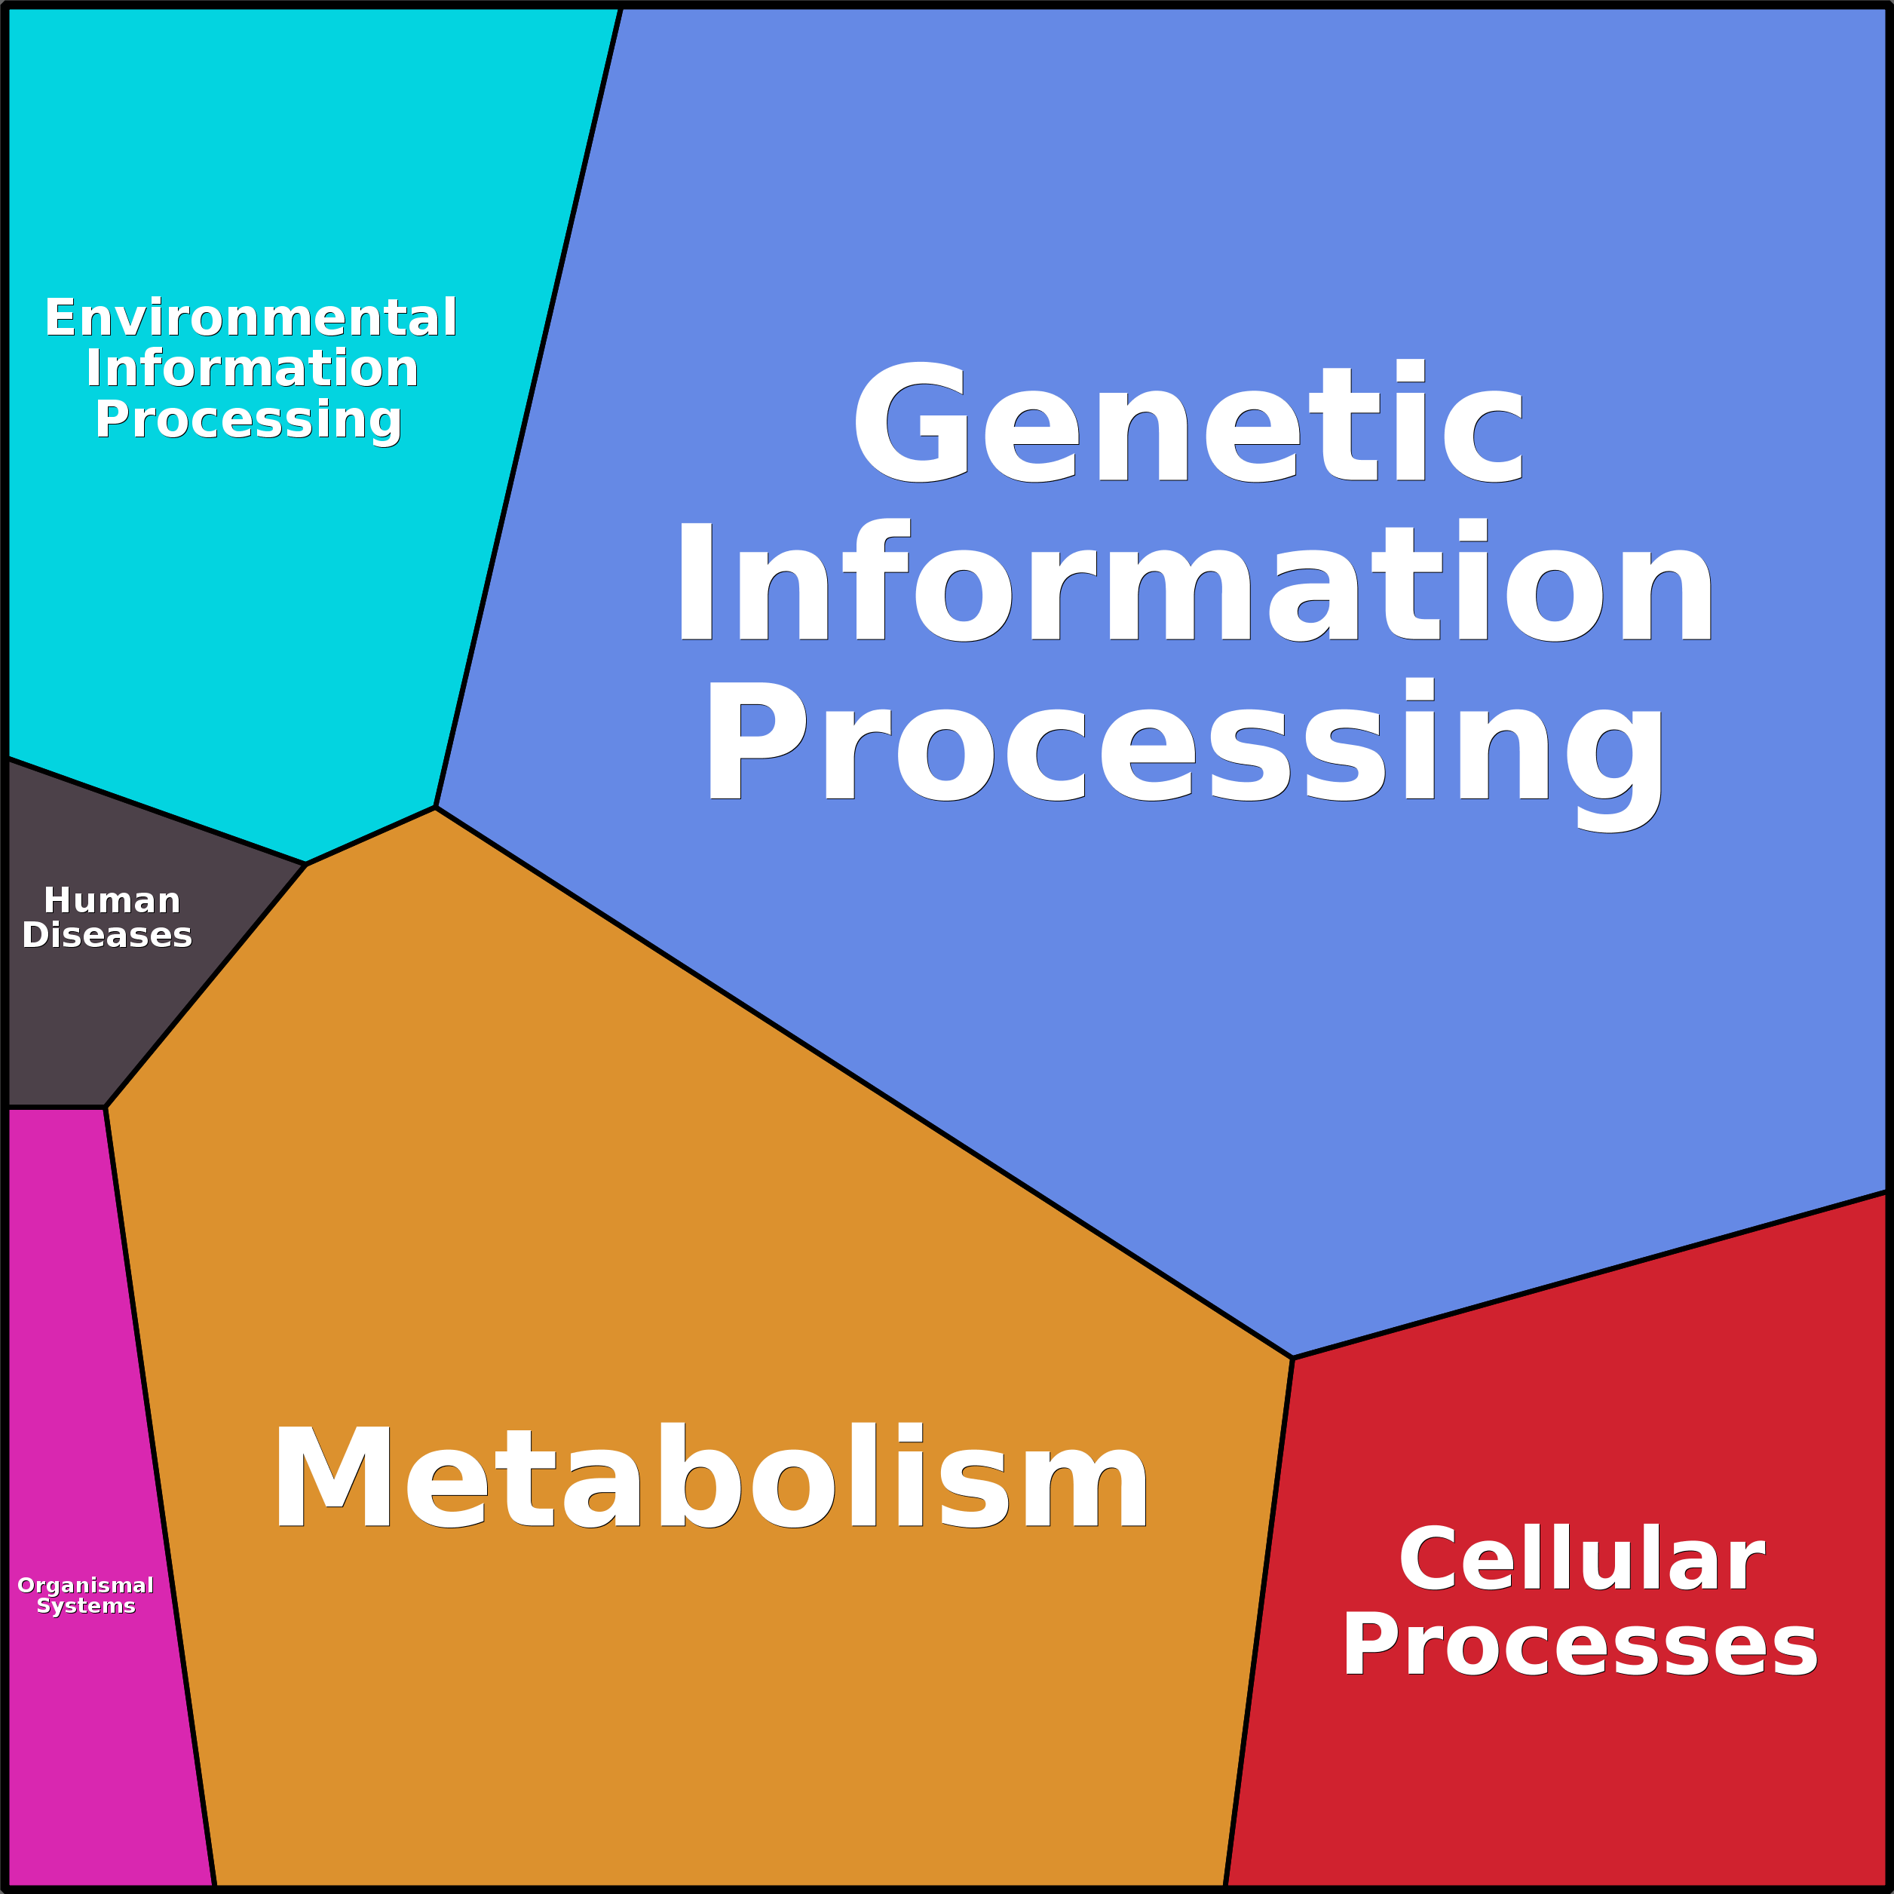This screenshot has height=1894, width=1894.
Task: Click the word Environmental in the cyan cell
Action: click(251, 317)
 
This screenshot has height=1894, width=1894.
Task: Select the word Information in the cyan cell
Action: click(252, 369)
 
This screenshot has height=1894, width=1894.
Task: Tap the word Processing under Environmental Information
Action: click(248, 419)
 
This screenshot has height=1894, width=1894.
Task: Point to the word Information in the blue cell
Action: click(1193, 582)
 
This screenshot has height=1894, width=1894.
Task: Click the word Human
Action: click(112, 900)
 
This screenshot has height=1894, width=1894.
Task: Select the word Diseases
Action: click(107, 935)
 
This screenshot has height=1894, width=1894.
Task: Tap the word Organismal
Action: click(85, 1585)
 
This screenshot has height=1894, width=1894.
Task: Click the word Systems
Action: click(85, 1606)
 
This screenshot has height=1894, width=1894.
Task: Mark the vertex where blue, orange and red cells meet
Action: click(1293, 1358)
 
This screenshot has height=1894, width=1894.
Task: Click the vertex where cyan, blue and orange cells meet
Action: click(435, 808)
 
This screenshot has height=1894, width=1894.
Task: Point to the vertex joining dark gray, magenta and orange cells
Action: click(106, 1108)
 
